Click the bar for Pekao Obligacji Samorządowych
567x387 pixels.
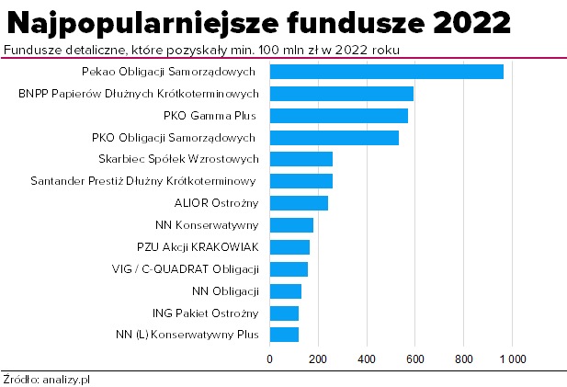(386, 72)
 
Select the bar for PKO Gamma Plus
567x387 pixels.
(338, 116)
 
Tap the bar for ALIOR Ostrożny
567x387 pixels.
(299, 203)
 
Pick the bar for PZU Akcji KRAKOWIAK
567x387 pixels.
(289, 246)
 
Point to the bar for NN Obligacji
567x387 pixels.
(285, 290)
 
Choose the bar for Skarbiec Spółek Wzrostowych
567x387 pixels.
(301, 159)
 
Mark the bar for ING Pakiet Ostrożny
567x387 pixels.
(284, 313)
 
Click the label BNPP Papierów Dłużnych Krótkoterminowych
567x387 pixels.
(139, 94)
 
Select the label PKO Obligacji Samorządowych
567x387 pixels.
(175, 138)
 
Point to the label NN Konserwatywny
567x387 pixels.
(207, 225)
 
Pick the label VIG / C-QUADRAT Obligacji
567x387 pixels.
(187, 268)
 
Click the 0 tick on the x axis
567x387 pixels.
(269, 358)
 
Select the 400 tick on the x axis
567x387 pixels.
(367, 358)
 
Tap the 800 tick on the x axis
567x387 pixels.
(463, 358)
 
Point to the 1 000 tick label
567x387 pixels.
(512, 358)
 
